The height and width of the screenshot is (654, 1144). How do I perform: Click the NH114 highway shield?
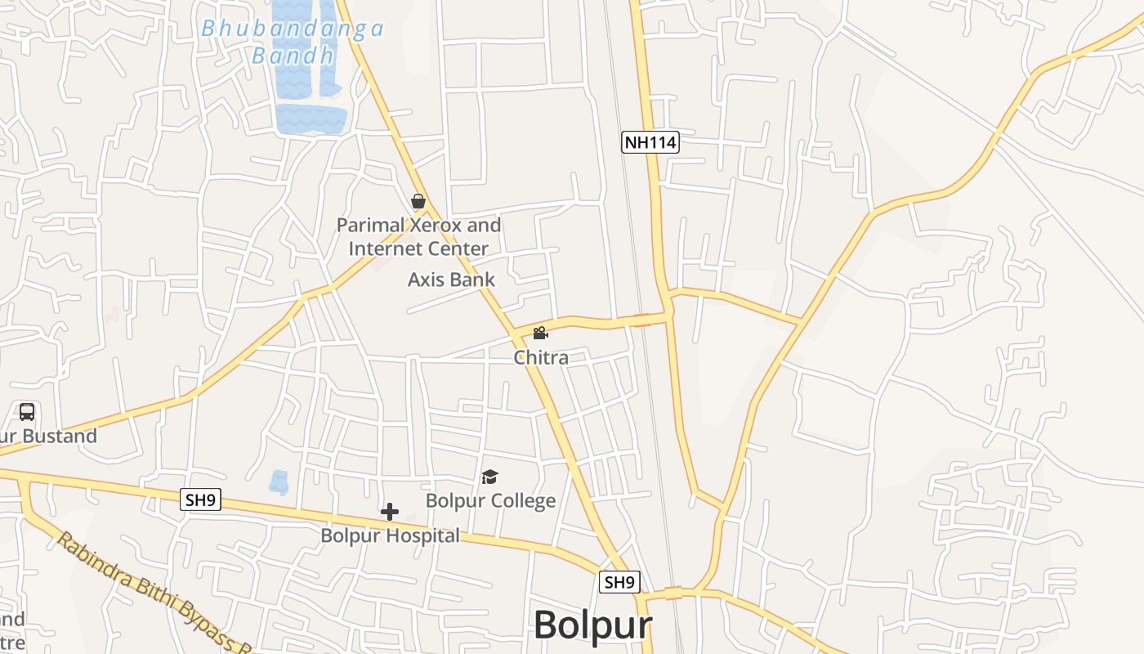coord(650,142)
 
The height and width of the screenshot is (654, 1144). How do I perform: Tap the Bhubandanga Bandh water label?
coord(293,42)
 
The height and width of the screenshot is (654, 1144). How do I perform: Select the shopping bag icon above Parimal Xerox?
coord(418,201)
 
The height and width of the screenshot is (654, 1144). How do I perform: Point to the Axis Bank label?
coord(451,280)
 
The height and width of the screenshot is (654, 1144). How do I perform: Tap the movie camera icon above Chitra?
coord(540,334)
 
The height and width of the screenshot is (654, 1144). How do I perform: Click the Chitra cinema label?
coord(541,357)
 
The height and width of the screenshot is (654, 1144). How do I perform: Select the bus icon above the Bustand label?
coord(27,412)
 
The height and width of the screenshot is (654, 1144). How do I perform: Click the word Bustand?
coord(60,436)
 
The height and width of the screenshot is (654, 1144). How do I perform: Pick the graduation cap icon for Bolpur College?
coord(489,477)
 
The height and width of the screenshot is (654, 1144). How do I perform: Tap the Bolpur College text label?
coord(490,500)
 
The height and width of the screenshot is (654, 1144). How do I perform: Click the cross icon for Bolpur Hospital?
coord(390,513)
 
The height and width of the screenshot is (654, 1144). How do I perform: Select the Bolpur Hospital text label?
coord(390,536)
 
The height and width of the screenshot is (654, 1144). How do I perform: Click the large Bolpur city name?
coord(592,625)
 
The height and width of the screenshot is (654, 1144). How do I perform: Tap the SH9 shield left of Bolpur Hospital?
coord(201,499)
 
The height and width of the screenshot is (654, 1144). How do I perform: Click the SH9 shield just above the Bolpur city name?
coord(619,582)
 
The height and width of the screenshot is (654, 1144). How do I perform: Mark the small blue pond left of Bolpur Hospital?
coord(279,482)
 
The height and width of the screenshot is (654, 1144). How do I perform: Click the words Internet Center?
coord(418,248)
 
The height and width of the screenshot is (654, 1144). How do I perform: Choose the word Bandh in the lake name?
coord(293,56)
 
